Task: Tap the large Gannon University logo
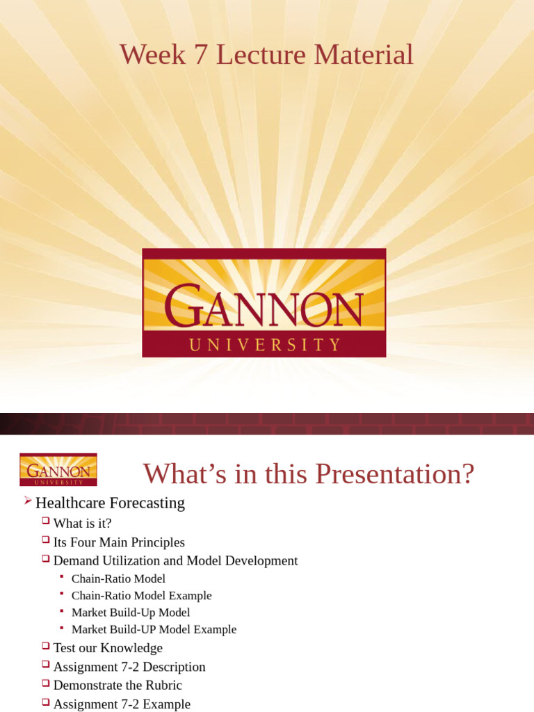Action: tap(264, 302)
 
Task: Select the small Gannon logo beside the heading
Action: tap(58, 469)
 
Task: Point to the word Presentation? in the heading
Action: tap(395, 474)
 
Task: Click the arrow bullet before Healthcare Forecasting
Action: tap(28, 501)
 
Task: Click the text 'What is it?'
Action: tap(82, 523)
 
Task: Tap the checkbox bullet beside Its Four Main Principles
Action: tap(46, 540)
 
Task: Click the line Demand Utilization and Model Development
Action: tap(175, 560)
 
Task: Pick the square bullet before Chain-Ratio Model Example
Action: tap(62, 593)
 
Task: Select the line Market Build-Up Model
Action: tap(131, 613)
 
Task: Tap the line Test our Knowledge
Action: tap(108, 648)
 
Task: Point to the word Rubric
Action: tap(163, 686)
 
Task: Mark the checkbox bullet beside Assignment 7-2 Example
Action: tap(46, 702)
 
